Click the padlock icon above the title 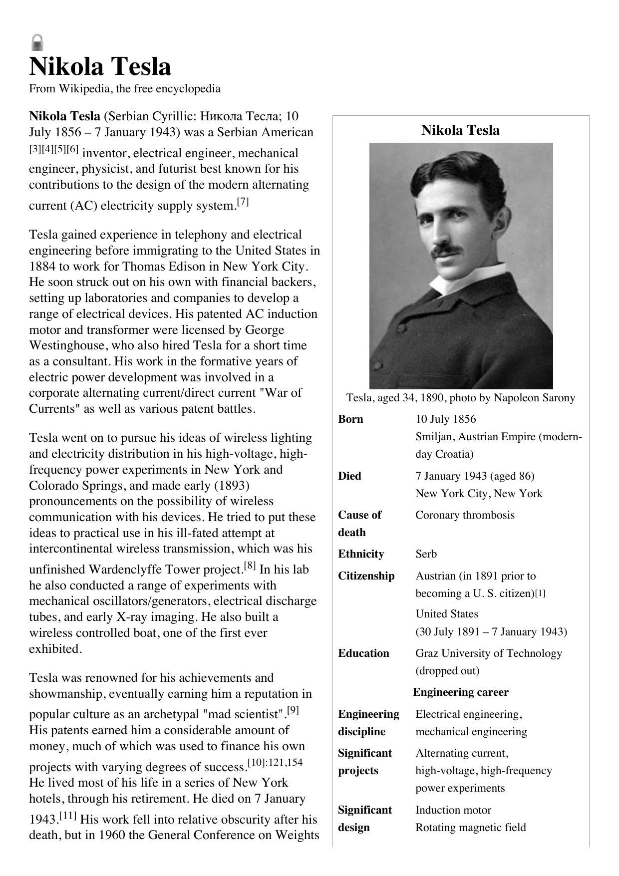(37, 42)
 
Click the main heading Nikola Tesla (100, 67)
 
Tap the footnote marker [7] (243, 202)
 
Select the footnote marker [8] (250, 566)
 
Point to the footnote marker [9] (293, 710)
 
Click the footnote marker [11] (68, 816)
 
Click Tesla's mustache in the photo (446, 250)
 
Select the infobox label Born (350, 419)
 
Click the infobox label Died (349, 476)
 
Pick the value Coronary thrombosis (465, 515)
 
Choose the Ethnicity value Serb (426, 554)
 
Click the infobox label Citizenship (366, 576)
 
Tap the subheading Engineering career (460, 692)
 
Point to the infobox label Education (363, 653)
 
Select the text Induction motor (453, 810)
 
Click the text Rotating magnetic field (470, 828)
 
